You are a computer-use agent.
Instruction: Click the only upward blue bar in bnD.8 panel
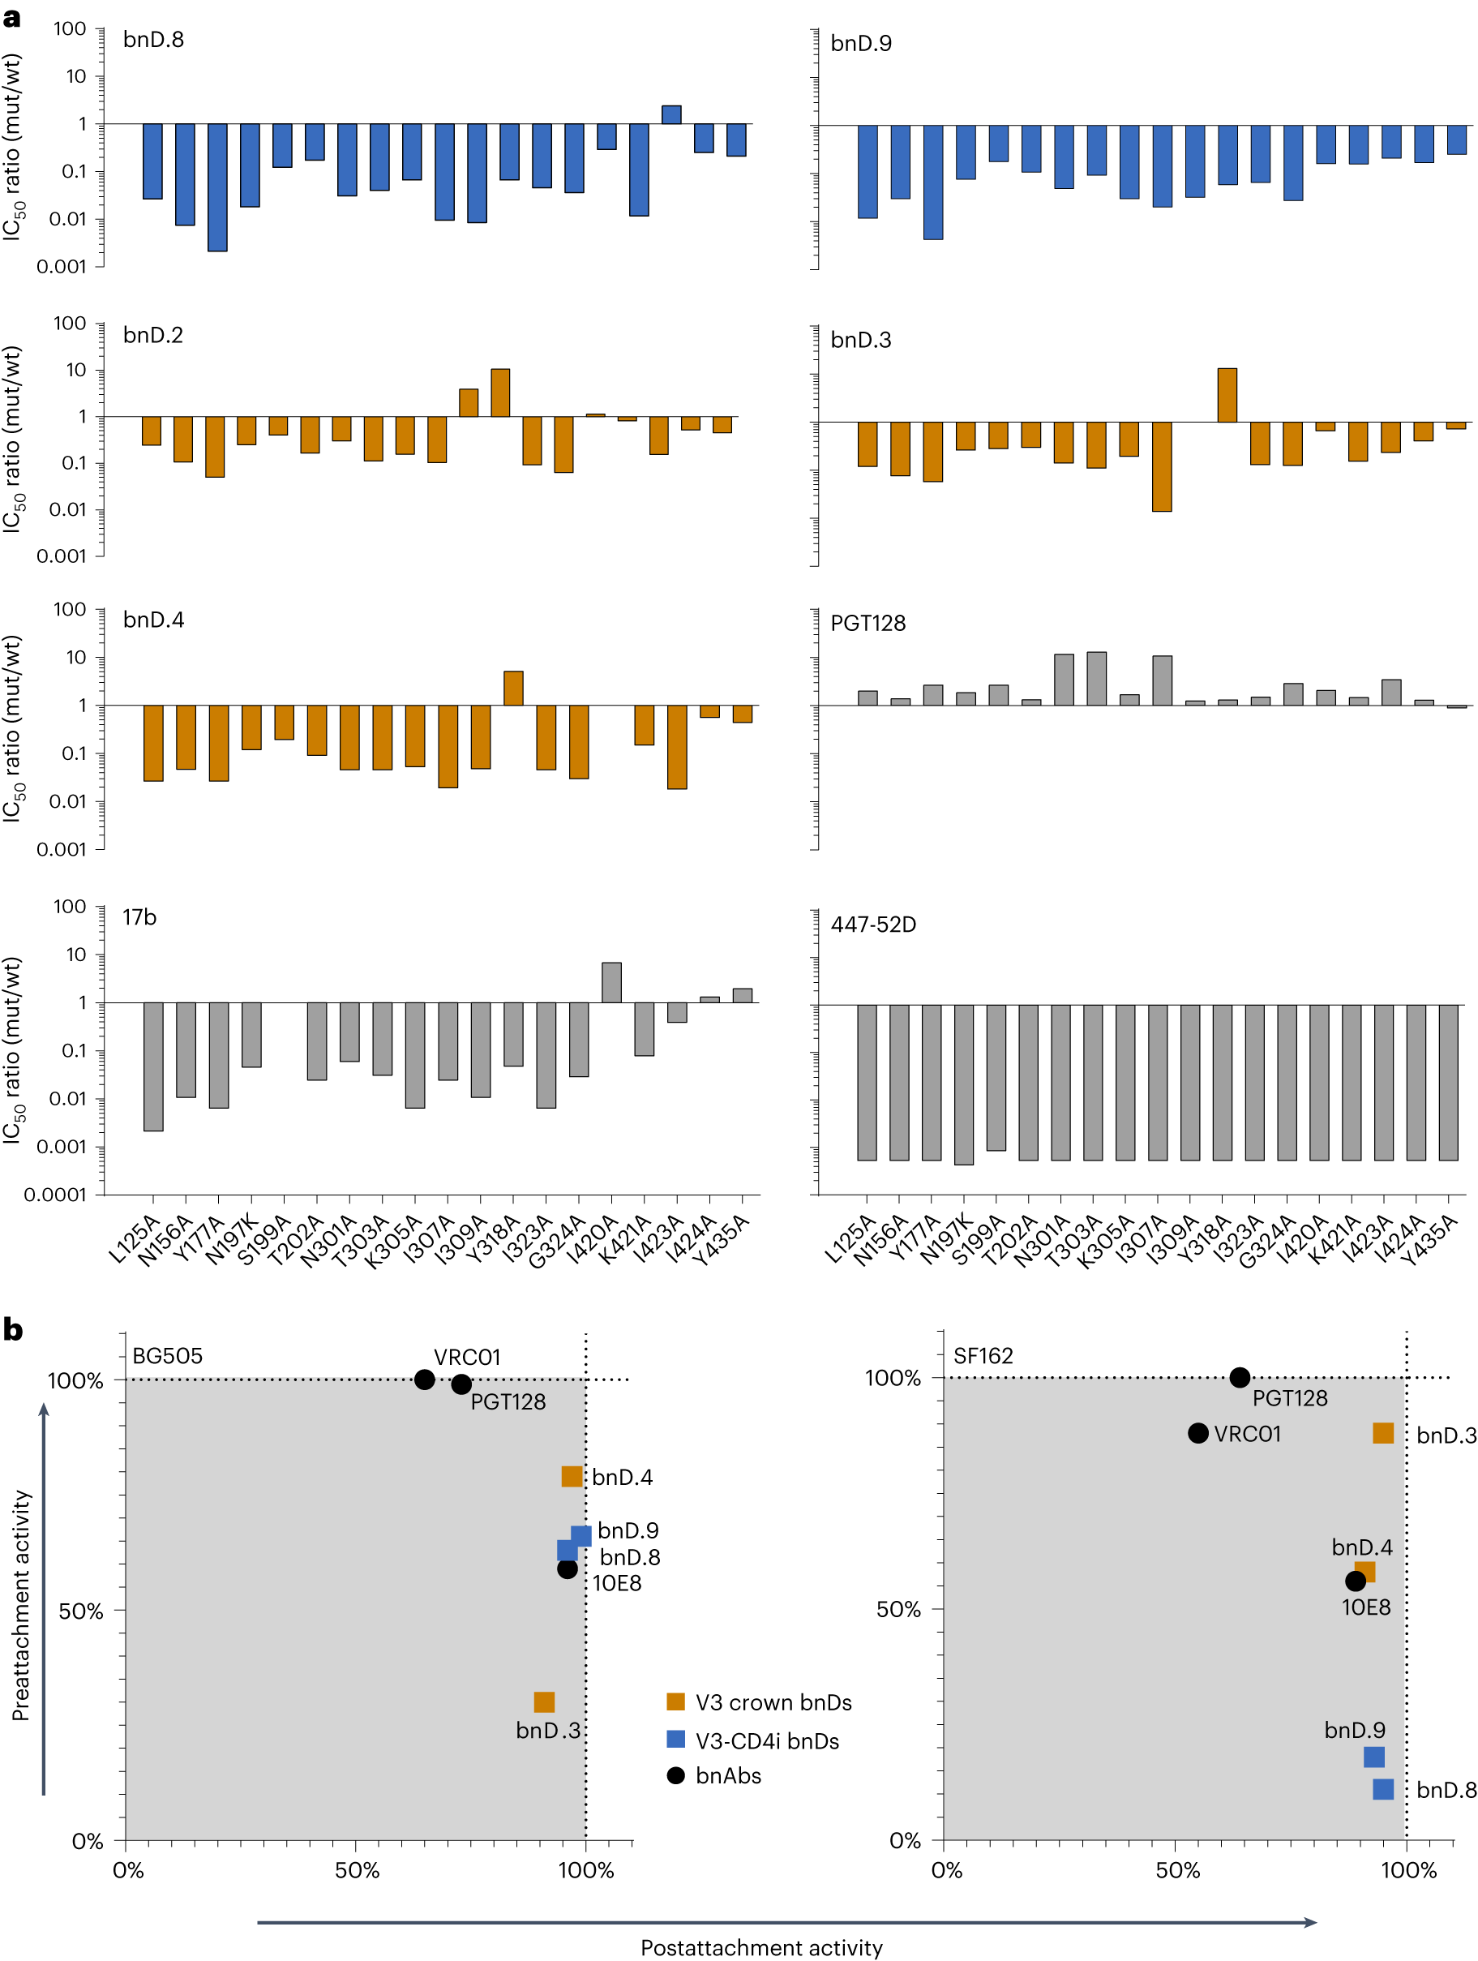670,114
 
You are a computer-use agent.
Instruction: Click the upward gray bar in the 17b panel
610,981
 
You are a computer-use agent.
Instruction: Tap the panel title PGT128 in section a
867,623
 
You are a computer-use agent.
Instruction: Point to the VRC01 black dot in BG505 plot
425,1379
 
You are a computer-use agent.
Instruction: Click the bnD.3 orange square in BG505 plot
544,1701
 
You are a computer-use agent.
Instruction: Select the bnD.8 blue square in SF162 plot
1382,1789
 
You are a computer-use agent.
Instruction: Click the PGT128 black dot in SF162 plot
1239,1377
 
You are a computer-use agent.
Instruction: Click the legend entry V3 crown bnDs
773,1702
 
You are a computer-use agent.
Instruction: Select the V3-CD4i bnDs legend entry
766,1740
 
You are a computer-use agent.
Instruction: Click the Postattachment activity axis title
760,1947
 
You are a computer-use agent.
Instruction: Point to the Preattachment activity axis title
21,1605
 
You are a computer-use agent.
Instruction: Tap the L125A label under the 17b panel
133,1239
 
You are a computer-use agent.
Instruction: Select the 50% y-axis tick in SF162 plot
898,1609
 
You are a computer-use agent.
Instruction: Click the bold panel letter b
13,1329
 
